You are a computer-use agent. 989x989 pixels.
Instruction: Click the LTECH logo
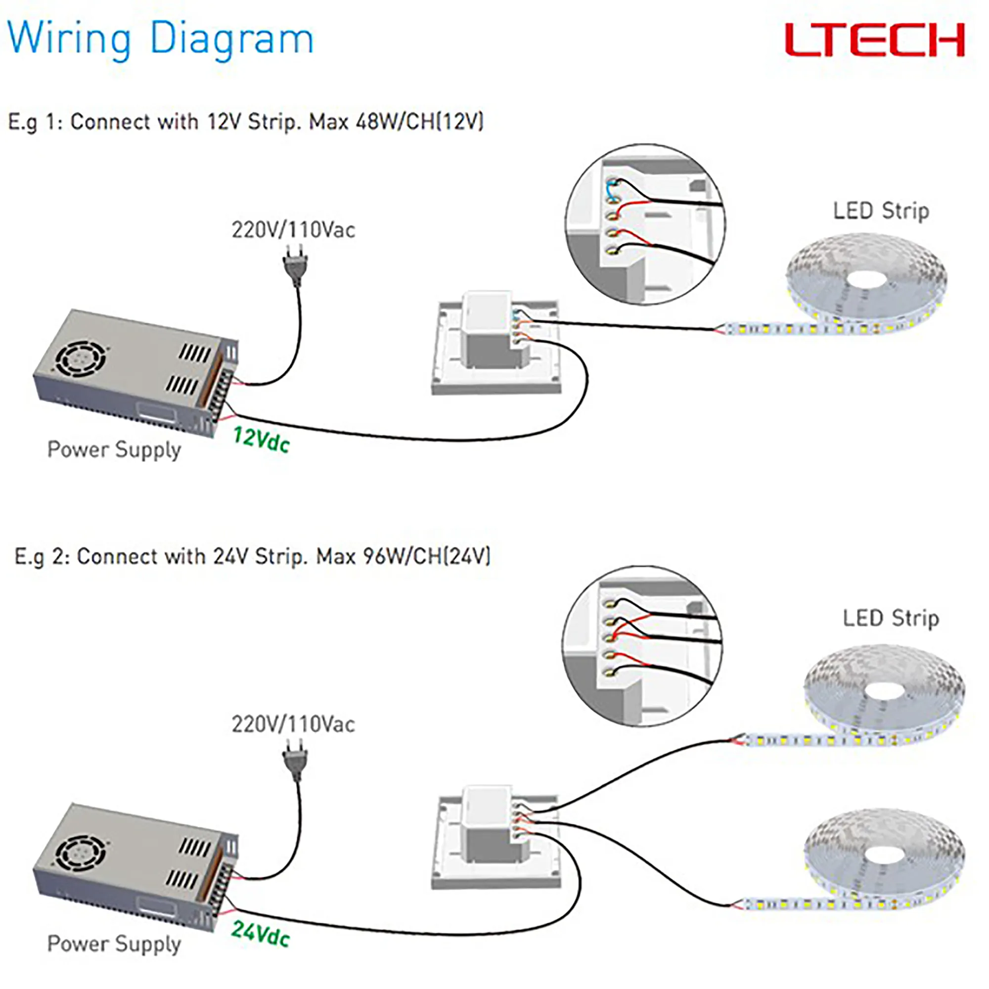click(x=874, y=40)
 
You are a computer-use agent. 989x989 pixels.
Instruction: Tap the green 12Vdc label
click(x=261, y=439)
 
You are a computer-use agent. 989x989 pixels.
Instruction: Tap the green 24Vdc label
click(x=260, y=934)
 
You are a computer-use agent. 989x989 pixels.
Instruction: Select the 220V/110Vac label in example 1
click(x=293, y=230)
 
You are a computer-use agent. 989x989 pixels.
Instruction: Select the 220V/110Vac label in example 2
click(x=293, y=724)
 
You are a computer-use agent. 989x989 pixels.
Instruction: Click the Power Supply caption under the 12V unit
click(x=114, y=450)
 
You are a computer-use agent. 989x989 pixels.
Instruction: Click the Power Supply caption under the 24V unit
click(x=114, y=944)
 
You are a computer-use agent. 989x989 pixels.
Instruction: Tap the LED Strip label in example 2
click(x=891, y=618)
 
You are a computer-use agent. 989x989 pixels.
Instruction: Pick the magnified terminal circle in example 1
click(x=645, y=224)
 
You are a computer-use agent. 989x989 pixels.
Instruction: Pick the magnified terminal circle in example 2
click(x=642, y=646)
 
